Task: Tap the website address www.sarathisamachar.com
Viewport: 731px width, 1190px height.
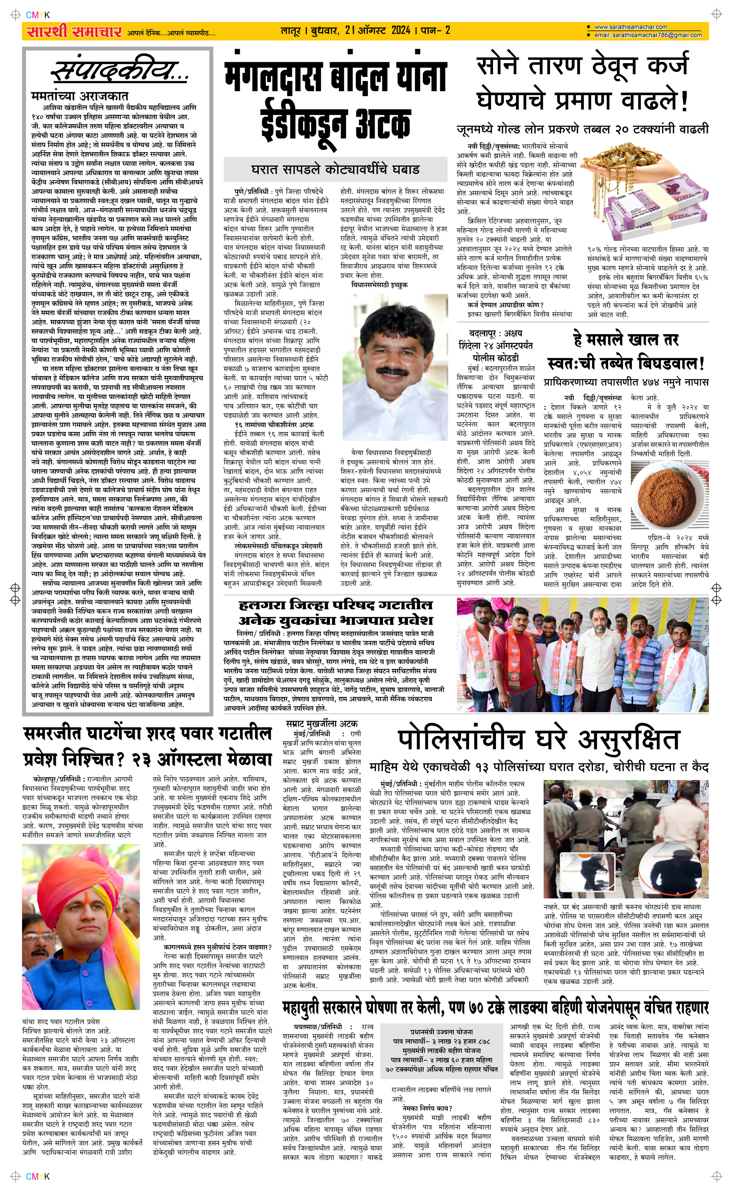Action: tap(630, 27)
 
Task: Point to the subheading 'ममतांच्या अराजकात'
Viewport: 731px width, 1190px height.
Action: tap(80, 96)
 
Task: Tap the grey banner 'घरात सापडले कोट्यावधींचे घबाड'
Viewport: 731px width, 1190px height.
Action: tap(335, 169)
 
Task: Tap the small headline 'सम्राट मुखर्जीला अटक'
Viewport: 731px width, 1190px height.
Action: tap(322, 724)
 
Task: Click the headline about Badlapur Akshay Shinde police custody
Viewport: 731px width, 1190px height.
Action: tap(496, 345)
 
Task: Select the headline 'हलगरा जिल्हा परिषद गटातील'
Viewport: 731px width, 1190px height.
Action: tap(336, 605)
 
